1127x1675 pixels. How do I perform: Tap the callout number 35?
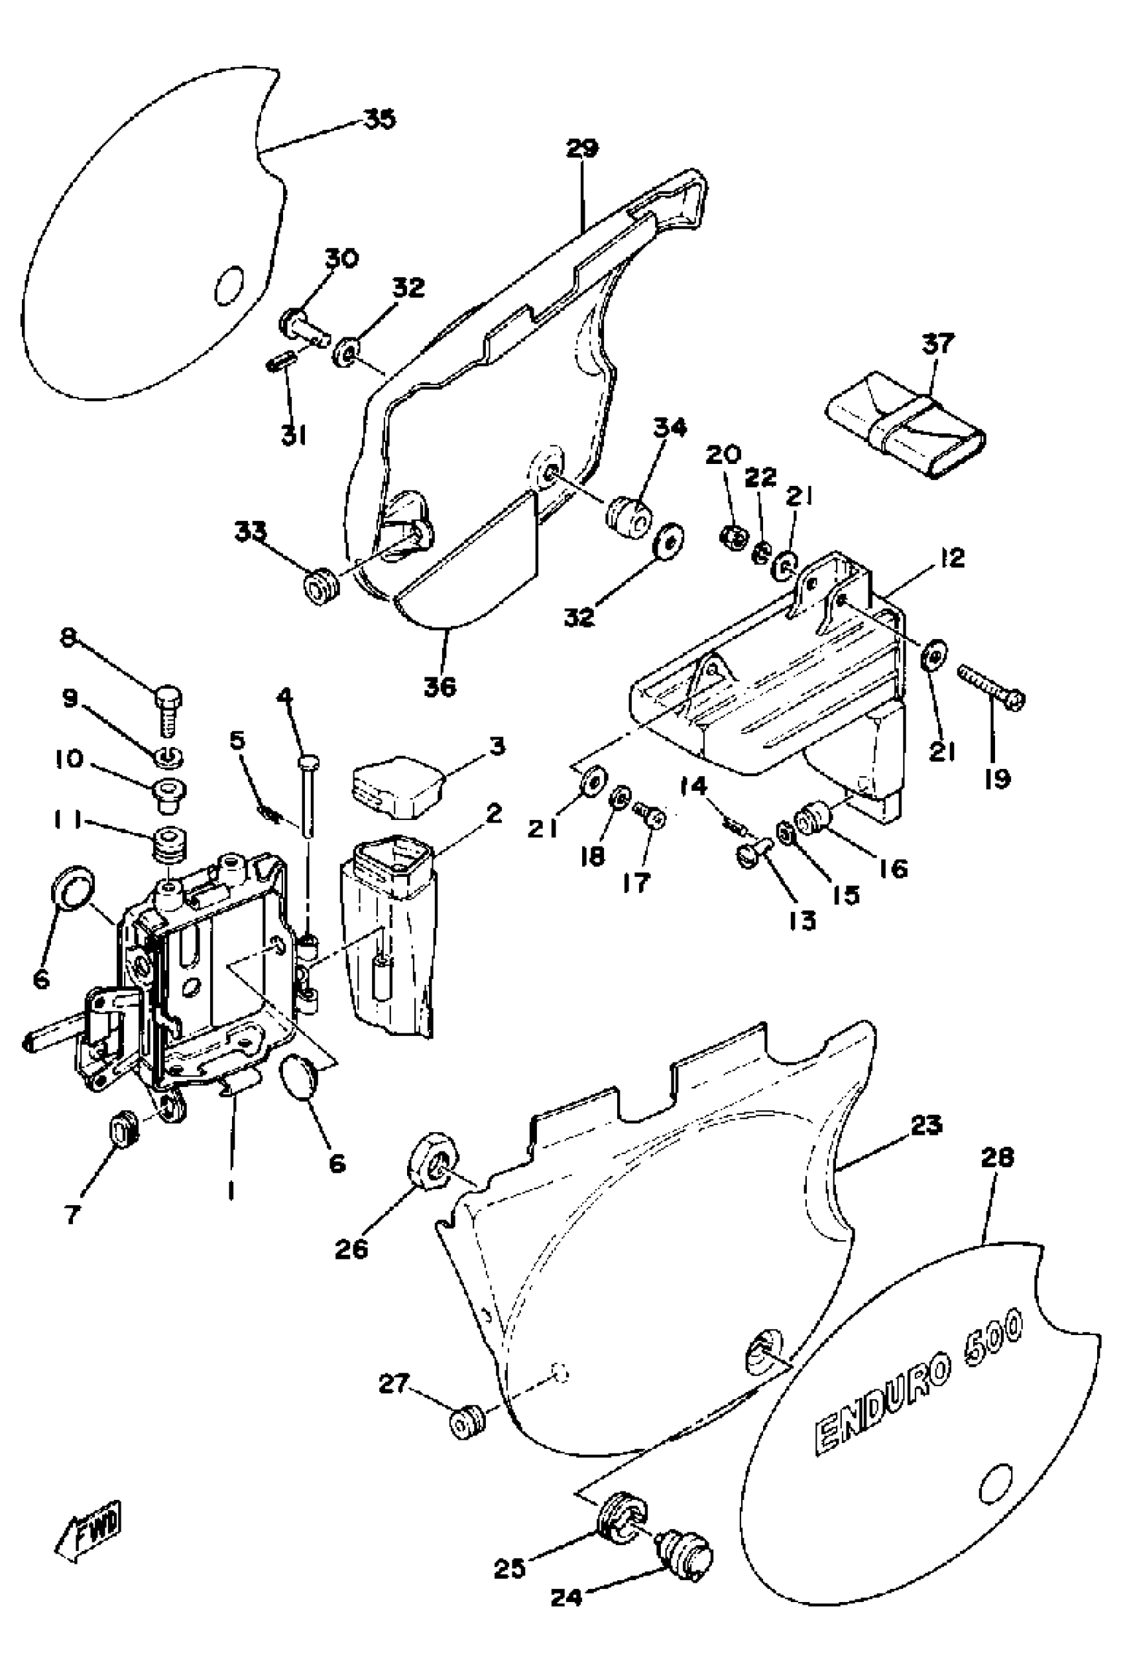379,119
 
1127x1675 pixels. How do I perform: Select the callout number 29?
581,148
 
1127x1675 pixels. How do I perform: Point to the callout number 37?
938,343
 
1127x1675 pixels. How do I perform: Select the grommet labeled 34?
630,514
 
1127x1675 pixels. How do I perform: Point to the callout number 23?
925,1124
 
